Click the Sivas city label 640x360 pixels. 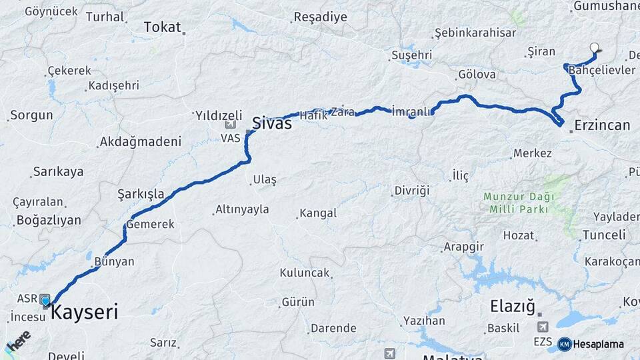click(x=271, y=123)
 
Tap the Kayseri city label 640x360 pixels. click(x=85, y=311)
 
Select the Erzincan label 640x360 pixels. click(x=602, y=125)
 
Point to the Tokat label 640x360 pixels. click(x=163, y=27)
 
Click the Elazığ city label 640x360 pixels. click(x=513, y=307)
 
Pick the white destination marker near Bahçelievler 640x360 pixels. click(x=595, y=47)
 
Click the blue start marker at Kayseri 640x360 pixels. click(x=45, y=301)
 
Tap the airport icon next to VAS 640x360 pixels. click(x=231, y=125)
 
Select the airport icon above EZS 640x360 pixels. click(x=543, y=327)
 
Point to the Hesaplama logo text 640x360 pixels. click(x=599, y=344)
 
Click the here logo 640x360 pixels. click(x=18, y=340)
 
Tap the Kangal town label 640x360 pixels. click(x=318, y=213)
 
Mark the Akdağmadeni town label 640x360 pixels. click(x=140, y=141)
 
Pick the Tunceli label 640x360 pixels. click(x=604, y=235)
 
